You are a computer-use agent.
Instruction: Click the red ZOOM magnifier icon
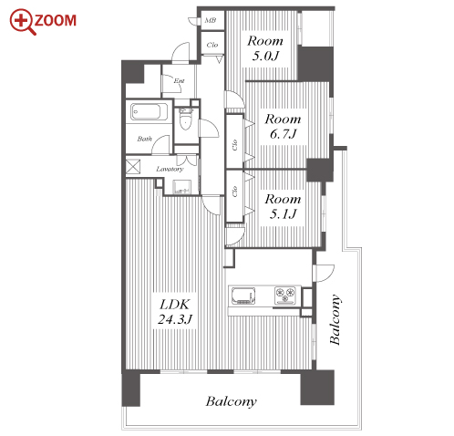(x=23, y=22)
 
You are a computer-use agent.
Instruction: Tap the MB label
(x=211, y=20)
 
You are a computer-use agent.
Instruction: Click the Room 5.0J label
(x=265, y=48)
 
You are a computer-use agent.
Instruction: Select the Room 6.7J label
(x=283, y=127)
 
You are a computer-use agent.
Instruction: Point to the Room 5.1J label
(x=283, y=206)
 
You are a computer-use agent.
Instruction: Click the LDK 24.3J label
(x=175, y=312)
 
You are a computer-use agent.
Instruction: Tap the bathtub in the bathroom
(x=145, y=111)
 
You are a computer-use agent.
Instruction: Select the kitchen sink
(x=243, y=296)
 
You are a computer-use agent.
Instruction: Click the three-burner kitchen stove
(x=285, y=296)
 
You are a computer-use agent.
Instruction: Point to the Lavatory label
(x=170, y=169)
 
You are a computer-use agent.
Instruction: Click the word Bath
(x=144, y=139)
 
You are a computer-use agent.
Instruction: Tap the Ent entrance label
(x=179, y=81)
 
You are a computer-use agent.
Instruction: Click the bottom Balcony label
(x=231, y=401)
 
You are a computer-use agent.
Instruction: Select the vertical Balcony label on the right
(x=335, y=319)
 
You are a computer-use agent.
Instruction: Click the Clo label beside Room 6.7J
(x=234, y=145)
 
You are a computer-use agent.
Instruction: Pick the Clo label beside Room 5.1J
(x=234, y=192)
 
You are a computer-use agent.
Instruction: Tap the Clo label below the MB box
(x=212, y=45)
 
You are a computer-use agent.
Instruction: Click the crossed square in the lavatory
(x=133, y=166)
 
